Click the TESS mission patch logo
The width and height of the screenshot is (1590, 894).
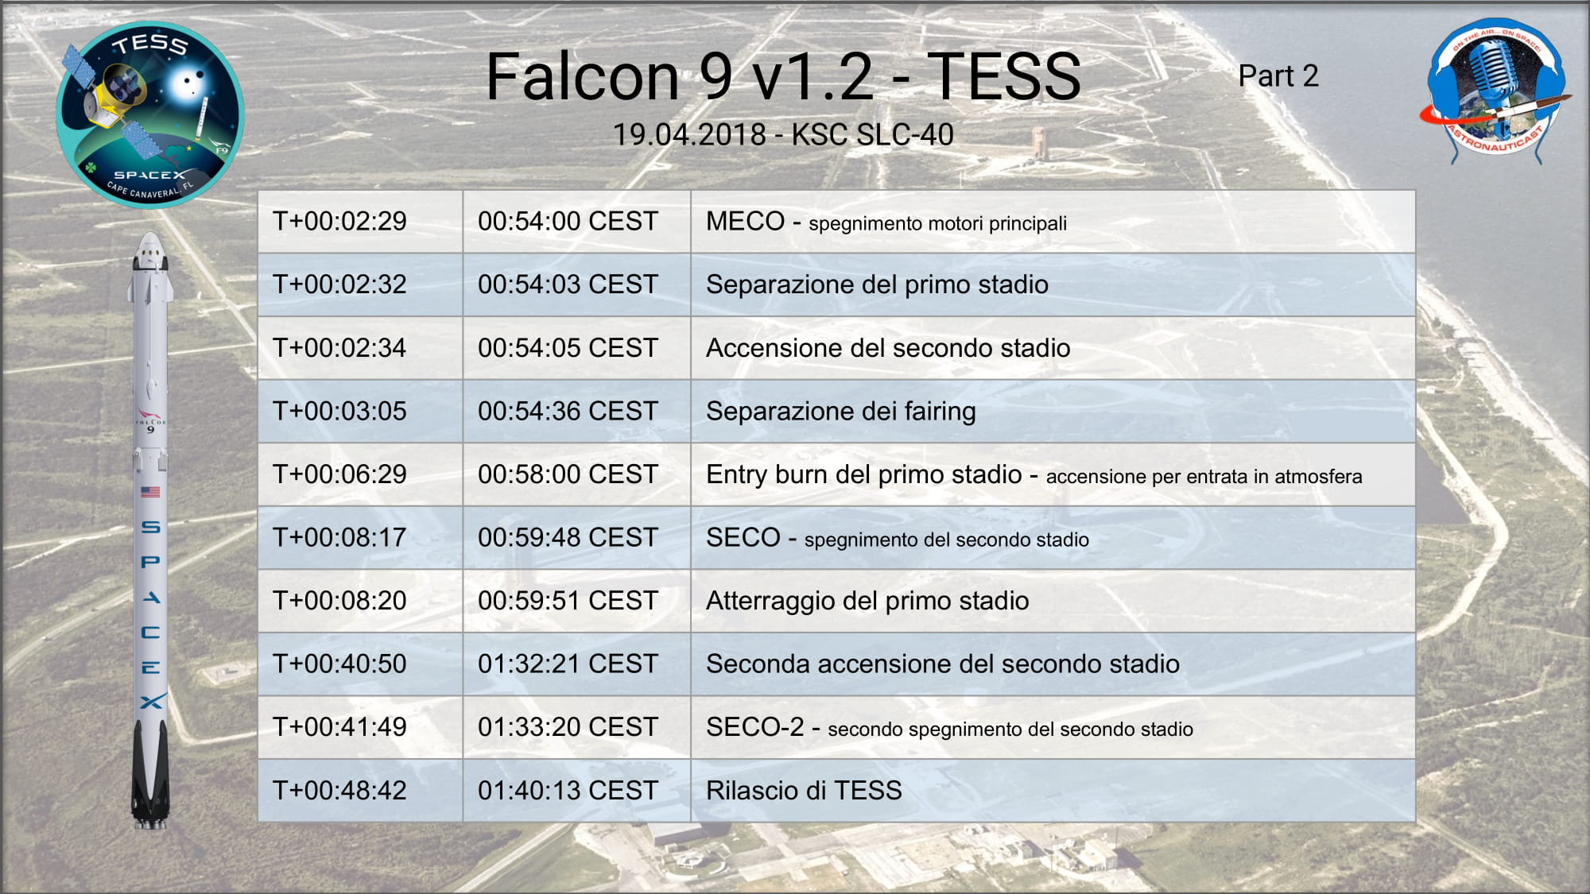point(149,114)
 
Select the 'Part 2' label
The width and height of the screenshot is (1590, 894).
point(1278,76)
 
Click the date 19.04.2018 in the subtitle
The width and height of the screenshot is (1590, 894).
point(689,135)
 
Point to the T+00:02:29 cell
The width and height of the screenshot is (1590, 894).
point(360,222)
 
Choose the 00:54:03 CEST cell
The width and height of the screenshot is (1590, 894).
point(576,284)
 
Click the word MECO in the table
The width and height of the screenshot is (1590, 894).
point(745,221)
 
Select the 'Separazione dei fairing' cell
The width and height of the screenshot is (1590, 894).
point(1053,411)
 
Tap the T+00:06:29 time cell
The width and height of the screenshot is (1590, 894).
point(360,474)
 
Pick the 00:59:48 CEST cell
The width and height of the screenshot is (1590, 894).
point(576,537)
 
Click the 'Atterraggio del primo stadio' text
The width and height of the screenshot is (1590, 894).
point(867,601)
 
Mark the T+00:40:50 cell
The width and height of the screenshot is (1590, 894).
point(360,664)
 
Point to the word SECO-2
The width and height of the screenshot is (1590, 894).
point(754,726)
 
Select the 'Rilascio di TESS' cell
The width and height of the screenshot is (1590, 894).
point(1053,791)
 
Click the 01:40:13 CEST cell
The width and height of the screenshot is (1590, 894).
point(576,791)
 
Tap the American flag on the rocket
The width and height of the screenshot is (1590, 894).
point(150,492)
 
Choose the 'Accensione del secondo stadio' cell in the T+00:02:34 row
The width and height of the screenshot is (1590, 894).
point(1053,348)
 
